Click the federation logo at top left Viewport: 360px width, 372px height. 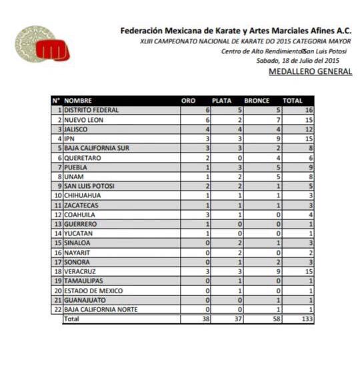click(x=42, y=45)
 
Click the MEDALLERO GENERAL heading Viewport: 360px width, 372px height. click(x=310, y=71)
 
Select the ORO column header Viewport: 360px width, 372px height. click(x=189, y=101)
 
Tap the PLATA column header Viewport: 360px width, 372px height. click(x=221, y=101)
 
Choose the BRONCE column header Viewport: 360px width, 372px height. click(x=257, y=101)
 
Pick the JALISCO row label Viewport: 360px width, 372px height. click(x=76, y=129)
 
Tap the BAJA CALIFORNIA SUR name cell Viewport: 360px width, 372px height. click(x=96, y=147)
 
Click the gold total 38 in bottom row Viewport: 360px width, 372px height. click(x=206, y=319)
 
